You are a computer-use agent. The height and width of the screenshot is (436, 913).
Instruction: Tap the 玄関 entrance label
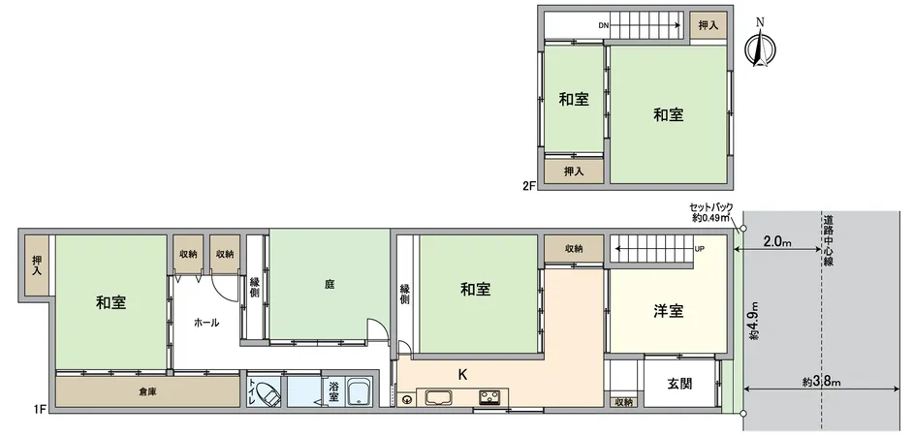coord(679,384)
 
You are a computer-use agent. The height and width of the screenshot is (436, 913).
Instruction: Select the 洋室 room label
coord(668,311)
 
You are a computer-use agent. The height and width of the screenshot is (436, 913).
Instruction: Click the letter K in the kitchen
coord(463,372)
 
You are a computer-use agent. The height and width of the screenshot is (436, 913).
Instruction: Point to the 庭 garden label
coord(330,285)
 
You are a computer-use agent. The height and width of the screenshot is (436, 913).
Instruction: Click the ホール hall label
coord(205,322)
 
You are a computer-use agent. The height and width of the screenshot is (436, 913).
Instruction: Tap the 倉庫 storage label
coord(146,391)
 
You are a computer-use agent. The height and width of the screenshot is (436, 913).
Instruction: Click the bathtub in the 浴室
coord(359,393)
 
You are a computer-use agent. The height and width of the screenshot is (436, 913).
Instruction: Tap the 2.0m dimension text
coord(777,240)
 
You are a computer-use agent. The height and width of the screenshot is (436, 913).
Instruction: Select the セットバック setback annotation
coord(710,212)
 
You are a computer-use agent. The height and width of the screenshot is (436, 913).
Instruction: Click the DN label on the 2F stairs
coord(603,25)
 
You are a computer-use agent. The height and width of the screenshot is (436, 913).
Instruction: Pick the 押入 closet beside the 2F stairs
coord(708,25)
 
